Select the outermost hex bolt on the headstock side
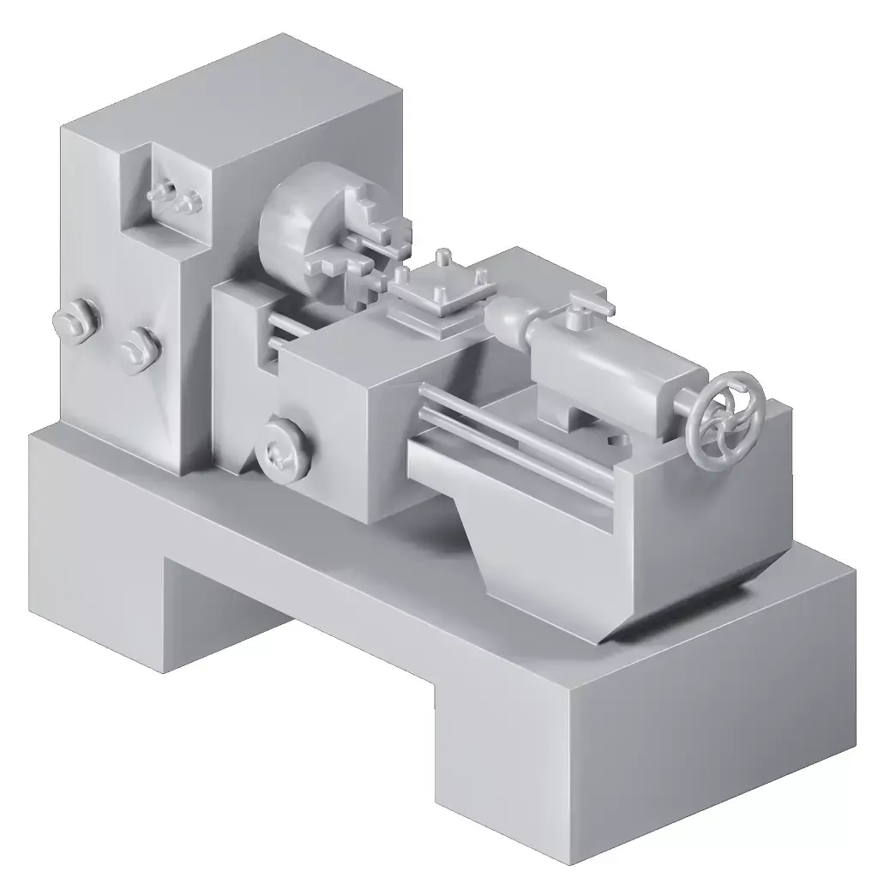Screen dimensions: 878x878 (75, 321)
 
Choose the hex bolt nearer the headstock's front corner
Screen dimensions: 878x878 (139, 350)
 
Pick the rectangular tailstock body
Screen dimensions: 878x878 (617, 369)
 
